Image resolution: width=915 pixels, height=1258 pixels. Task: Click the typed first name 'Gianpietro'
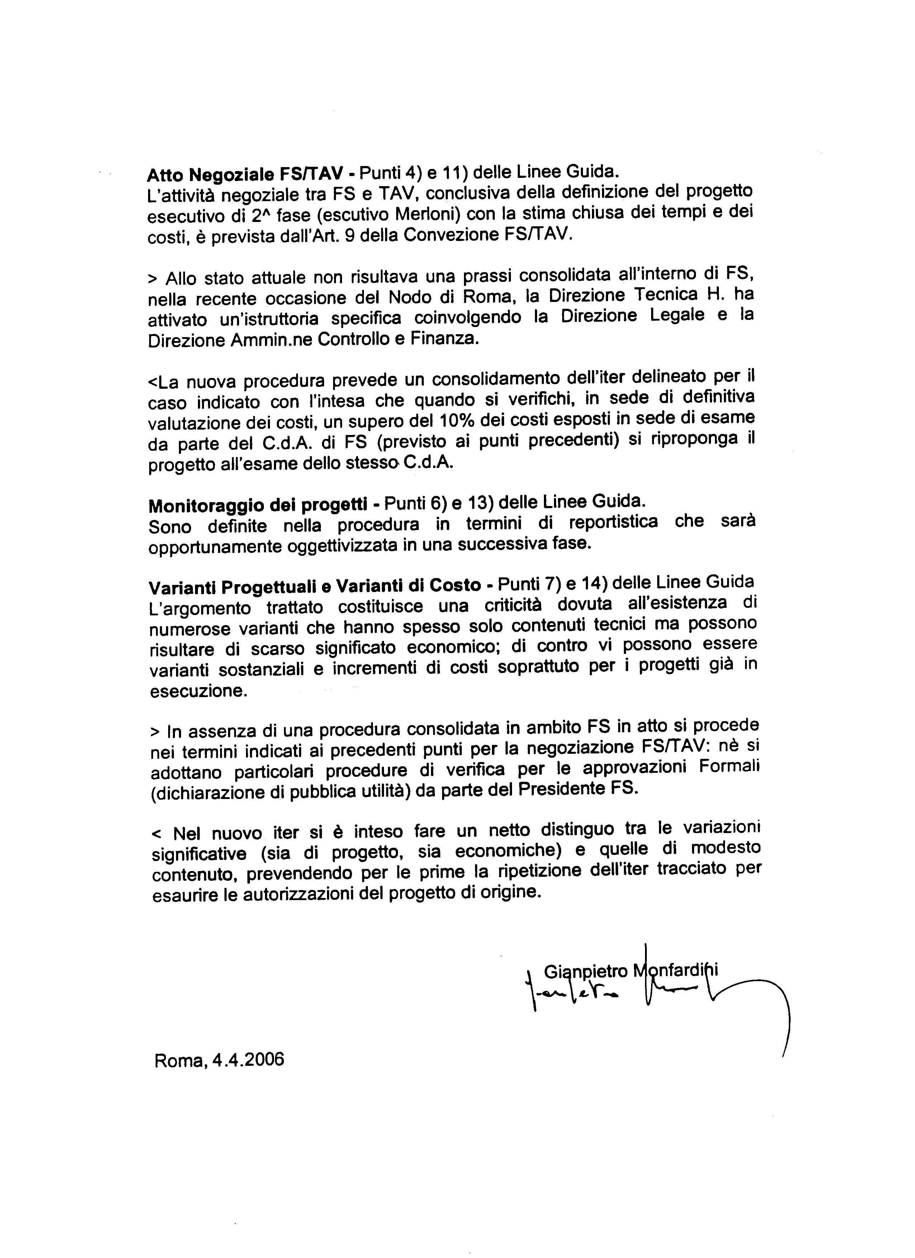point(585,971)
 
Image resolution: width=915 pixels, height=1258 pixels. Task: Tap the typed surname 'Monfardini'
point(676,970)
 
